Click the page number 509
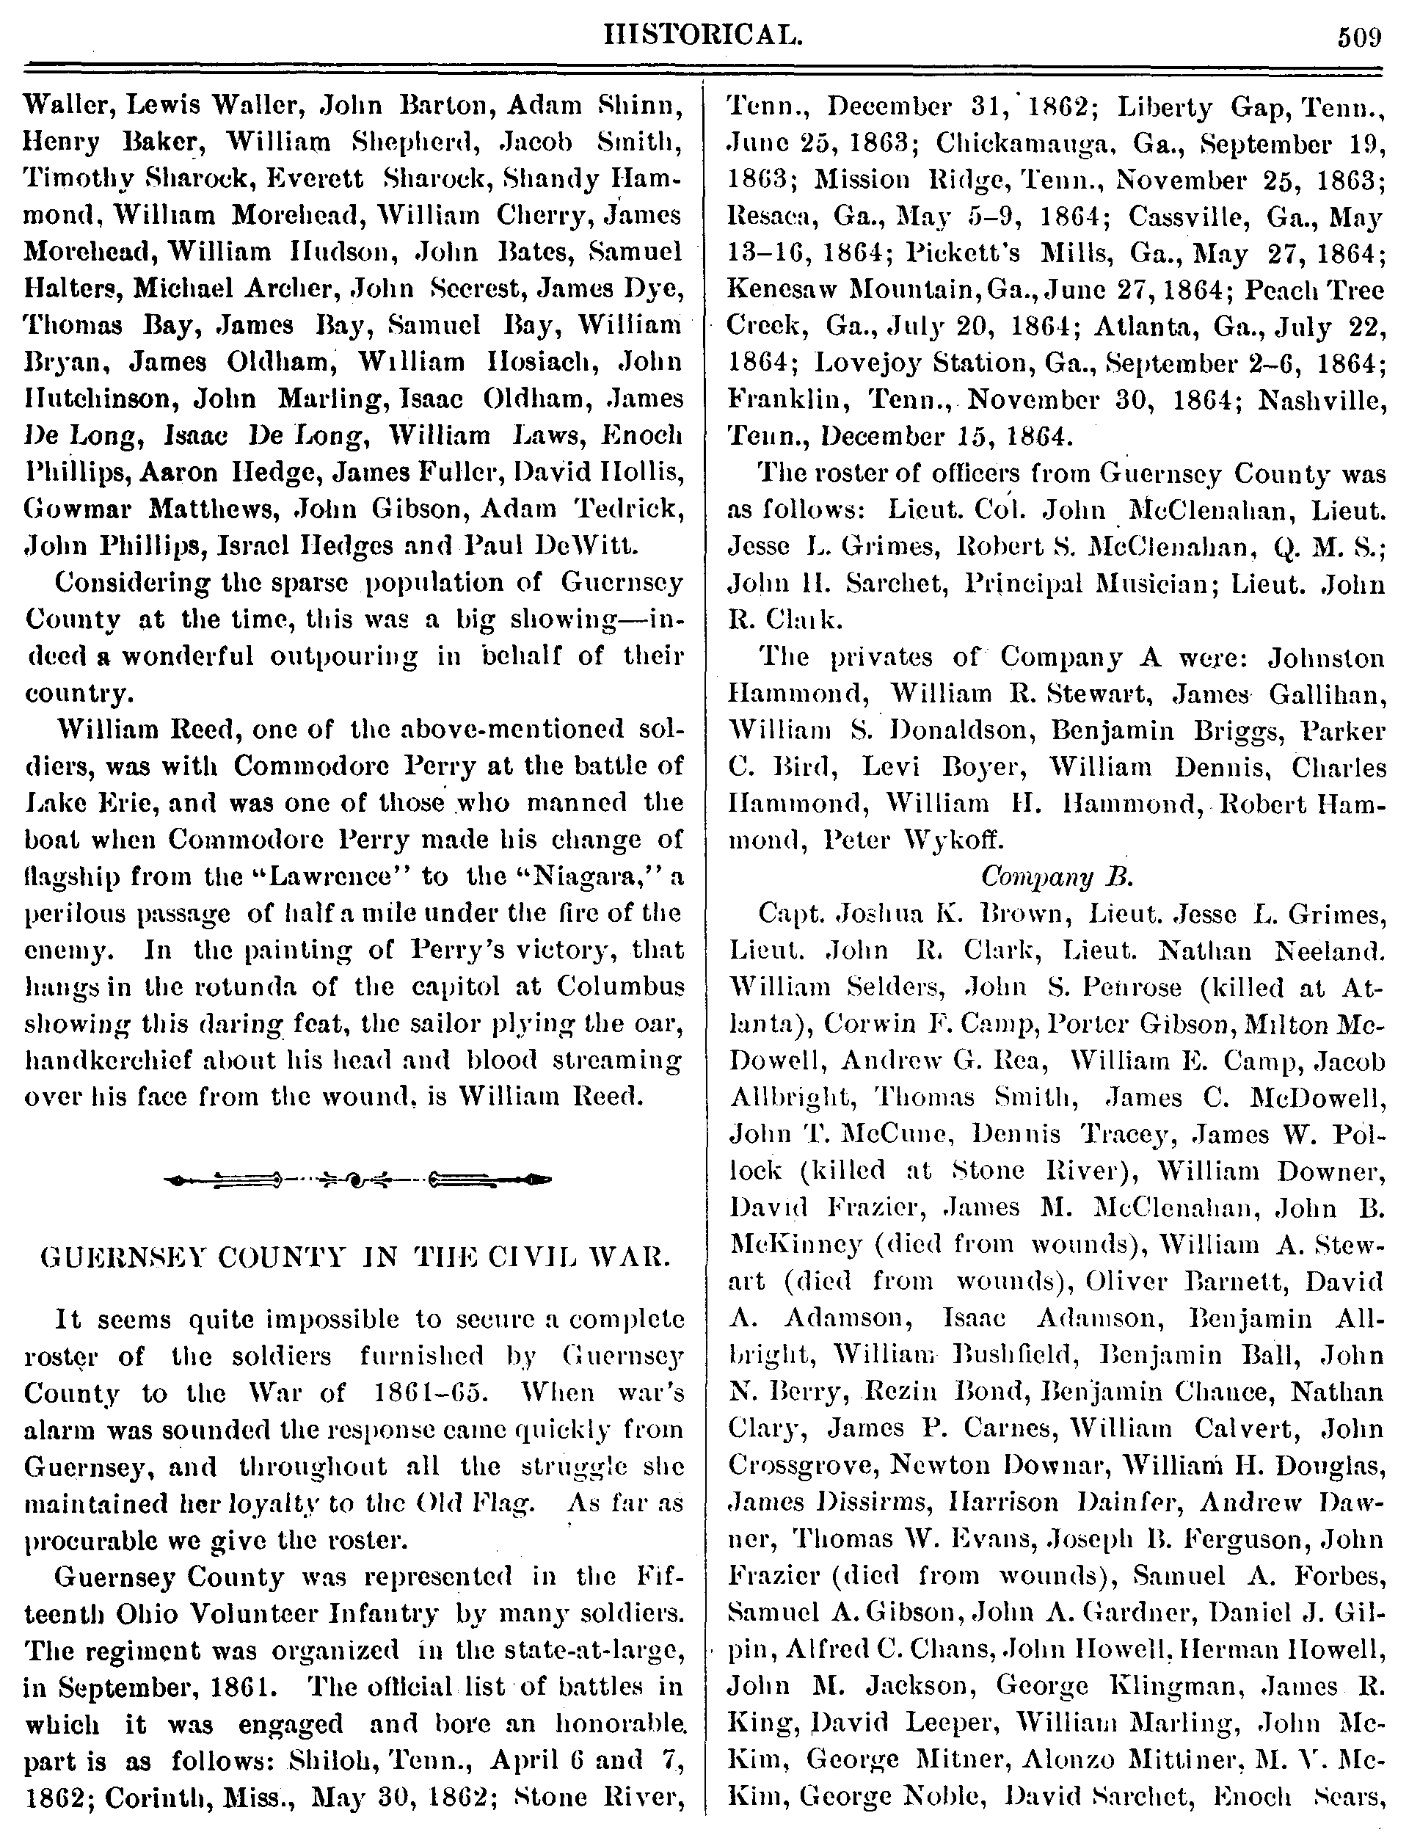pos(1358,37)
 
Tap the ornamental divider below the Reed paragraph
pos(358,1180)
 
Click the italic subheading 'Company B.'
pos(1057,876)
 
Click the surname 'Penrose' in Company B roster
pos(1115,987)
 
